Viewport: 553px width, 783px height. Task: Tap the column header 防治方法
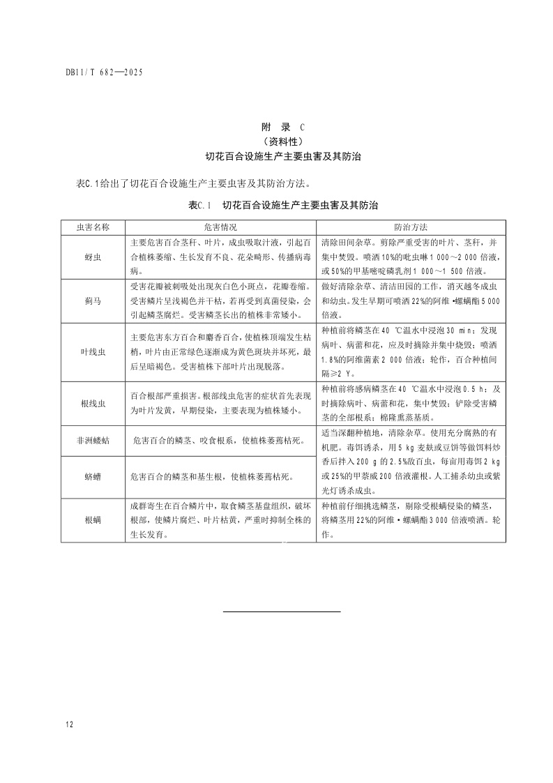pyautogui.click(x=411, y=227)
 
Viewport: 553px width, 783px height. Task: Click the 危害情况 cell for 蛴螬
pyautogui.click(x=212, y=477)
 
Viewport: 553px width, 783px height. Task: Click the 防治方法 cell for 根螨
pyautogui.click(x=411, y=513)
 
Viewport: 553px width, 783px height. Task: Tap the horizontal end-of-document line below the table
pyautogui.click(x=282, y=611)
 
